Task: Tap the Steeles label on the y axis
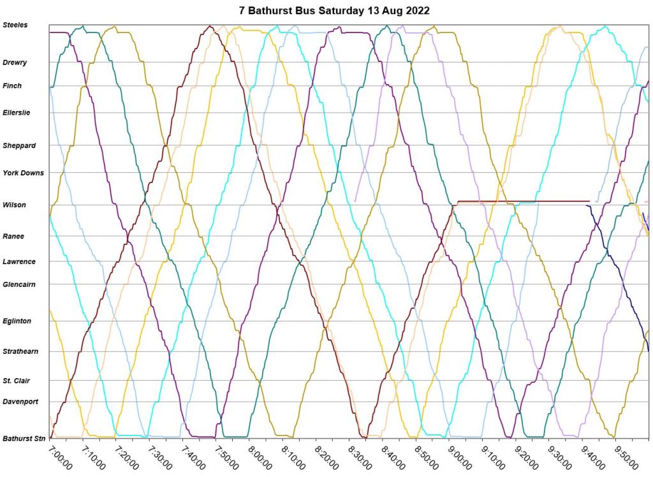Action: pyautogui.click(x=15, y=25)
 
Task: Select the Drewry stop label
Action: pyautogui.click(x=15, y=62)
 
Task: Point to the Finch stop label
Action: pyautogui.click(x=12, y=85)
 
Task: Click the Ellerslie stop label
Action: pyautogui.click(x=17, y=112)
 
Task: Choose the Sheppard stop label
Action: pyautogui.click(x=19, y=145)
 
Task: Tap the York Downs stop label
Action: pyautogui.click(x=23, y=173)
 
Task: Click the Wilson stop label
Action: pyautogui.click(x=14, y=205)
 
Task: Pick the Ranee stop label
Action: pyautogui.click(x=13, y=236)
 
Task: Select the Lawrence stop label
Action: pyautogui.click(x=19, y=261)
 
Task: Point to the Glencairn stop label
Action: pyautogui.click(x=20, y=284)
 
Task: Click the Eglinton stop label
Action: pyautogui.click(x=17, y=321)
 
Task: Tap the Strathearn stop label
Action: pyautogui.click(x=20, y=351)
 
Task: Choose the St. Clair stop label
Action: pyautogui.click(x=16, y=381)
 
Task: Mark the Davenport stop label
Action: pyautogui.click(x=20, y=402)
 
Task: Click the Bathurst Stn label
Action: pyautogui.click(x=24, y=439)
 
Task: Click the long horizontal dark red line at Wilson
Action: pyautogui.click(x=523, y=201)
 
